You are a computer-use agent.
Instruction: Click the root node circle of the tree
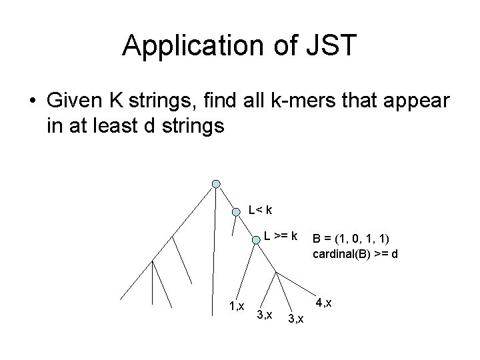(x=215, y=183)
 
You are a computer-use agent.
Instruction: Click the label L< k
(x=260, y=211)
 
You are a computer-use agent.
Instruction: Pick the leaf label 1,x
(x=235, y=307)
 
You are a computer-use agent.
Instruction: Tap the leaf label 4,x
(x=323, y=303)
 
